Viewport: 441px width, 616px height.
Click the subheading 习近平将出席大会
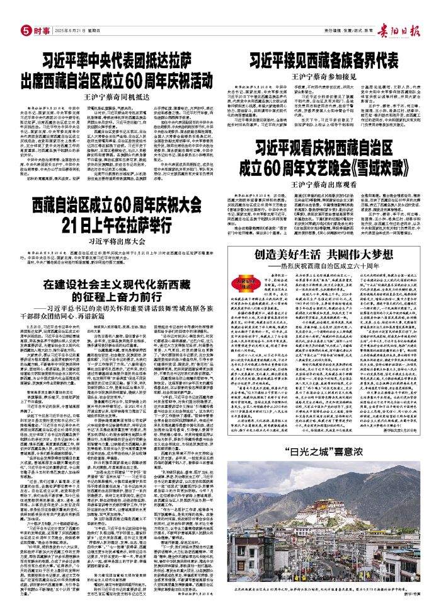pos(118,240)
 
